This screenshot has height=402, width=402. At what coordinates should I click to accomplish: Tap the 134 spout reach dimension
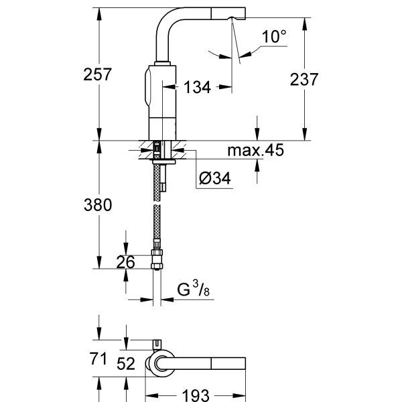pyautogui.click(x=197, y=86)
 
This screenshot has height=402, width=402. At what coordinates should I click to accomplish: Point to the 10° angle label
pyautogui.click(x=275, y=37)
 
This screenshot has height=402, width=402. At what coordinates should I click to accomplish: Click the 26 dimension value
pyautogui.click(x=125, y=262)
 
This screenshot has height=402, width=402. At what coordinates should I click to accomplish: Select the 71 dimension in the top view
pyautogui.click(x=98, y=359)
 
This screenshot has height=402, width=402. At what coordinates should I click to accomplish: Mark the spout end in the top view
pyautogui.click(x=231, y=362)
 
